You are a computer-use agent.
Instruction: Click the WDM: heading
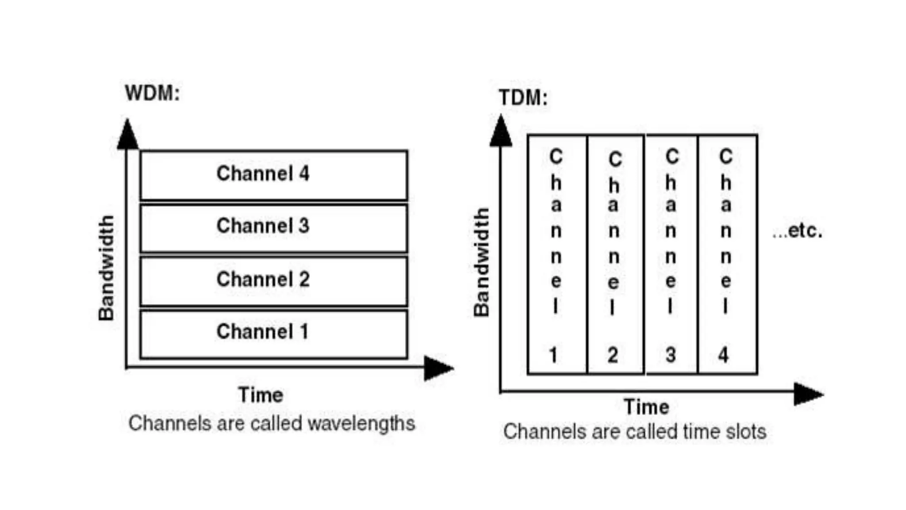pos(152,93)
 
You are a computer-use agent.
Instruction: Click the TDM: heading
pos(523,98)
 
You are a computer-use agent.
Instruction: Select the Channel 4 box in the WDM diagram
pos(273,175)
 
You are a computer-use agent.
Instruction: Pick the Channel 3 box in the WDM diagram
pos(273,228)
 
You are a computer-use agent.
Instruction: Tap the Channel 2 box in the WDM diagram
pos(273,281)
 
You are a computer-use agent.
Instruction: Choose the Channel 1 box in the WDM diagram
pos(273,333)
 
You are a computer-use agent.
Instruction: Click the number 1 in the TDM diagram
pos(553,355)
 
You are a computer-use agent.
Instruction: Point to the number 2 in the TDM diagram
pos(613,355)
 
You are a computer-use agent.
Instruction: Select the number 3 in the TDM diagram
pos(671,355)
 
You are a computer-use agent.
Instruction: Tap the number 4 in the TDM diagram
pos(724,355)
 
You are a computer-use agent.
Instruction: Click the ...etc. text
pos(797,231)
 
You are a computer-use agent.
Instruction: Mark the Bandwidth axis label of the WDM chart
pos(106,268)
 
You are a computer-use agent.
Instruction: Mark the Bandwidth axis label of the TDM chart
pos(481,262)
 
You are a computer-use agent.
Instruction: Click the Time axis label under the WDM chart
pos(261,395)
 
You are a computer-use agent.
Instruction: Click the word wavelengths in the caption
pos(361,423)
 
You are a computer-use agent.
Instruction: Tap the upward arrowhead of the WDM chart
pos(127,135)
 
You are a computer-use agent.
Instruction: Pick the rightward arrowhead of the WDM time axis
pos(437,368)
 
